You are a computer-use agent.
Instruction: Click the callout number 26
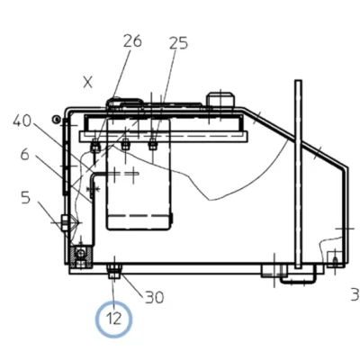[x=132, y=40]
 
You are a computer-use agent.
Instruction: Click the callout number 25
[x=178, y=43]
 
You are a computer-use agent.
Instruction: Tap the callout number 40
[x=22, y=121]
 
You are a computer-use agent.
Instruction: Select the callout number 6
[x=25, y=155]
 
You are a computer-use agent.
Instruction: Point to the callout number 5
[x=26, y=198]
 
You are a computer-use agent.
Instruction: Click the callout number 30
[x=155, y=298]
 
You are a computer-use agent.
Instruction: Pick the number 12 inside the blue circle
[x=113, y=319]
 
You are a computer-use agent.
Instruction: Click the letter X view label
[x=87, y=82]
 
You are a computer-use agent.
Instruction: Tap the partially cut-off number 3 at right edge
[x=355, y=294]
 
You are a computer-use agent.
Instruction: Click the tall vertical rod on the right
[x=298, y=174]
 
